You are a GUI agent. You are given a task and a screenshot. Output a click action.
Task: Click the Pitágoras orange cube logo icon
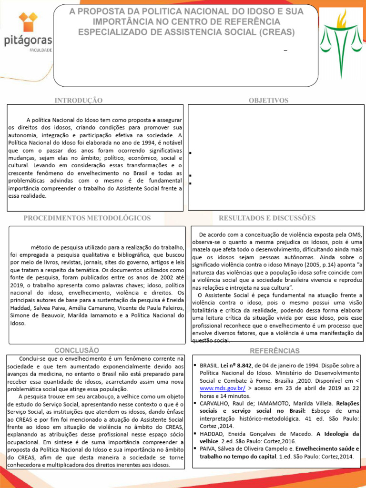28,24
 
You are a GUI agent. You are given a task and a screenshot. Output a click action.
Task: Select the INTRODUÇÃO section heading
79,101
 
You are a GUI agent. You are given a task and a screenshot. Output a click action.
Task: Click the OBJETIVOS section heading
268,101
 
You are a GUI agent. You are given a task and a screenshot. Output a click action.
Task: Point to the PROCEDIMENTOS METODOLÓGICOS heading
87,218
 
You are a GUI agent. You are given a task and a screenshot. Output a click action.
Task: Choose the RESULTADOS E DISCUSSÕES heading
267,218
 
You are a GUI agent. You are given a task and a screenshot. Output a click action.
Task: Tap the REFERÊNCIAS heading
274,351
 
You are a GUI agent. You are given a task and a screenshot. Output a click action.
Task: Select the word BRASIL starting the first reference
209,366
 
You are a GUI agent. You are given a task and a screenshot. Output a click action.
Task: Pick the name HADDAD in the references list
212,434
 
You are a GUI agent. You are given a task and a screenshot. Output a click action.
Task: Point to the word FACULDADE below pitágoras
41,50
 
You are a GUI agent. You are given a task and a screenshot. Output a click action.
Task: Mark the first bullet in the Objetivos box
190,153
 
